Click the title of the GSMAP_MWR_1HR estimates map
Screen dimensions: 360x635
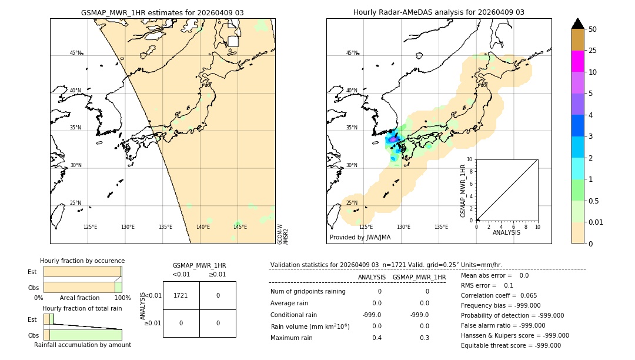[162, 12]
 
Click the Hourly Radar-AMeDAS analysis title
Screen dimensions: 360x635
[439, 12]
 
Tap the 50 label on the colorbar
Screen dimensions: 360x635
[593, 29]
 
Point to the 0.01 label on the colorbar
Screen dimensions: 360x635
[596, 222]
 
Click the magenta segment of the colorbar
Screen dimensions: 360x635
[577, 61]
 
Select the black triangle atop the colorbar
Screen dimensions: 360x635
[577, 24]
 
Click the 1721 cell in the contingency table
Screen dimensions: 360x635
[181, 295]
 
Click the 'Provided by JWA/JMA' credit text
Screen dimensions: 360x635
[360, 238]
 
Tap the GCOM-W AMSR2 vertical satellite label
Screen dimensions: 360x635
[283, 234]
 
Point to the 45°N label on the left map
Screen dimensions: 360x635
[76, 53]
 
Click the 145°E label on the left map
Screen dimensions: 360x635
[240, 227]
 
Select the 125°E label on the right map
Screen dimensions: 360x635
[366, 227]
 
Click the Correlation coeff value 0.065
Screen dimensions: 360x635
[529, 295]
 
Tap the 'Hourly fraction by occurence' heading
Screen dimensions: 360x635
[82, 261]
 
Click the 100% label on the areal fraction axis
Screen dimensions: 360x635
[122, 298]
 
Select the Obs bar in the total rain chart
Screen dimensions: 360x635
[82, 335]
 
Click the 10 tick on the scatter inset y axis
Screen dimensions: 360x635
[470, 159]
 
